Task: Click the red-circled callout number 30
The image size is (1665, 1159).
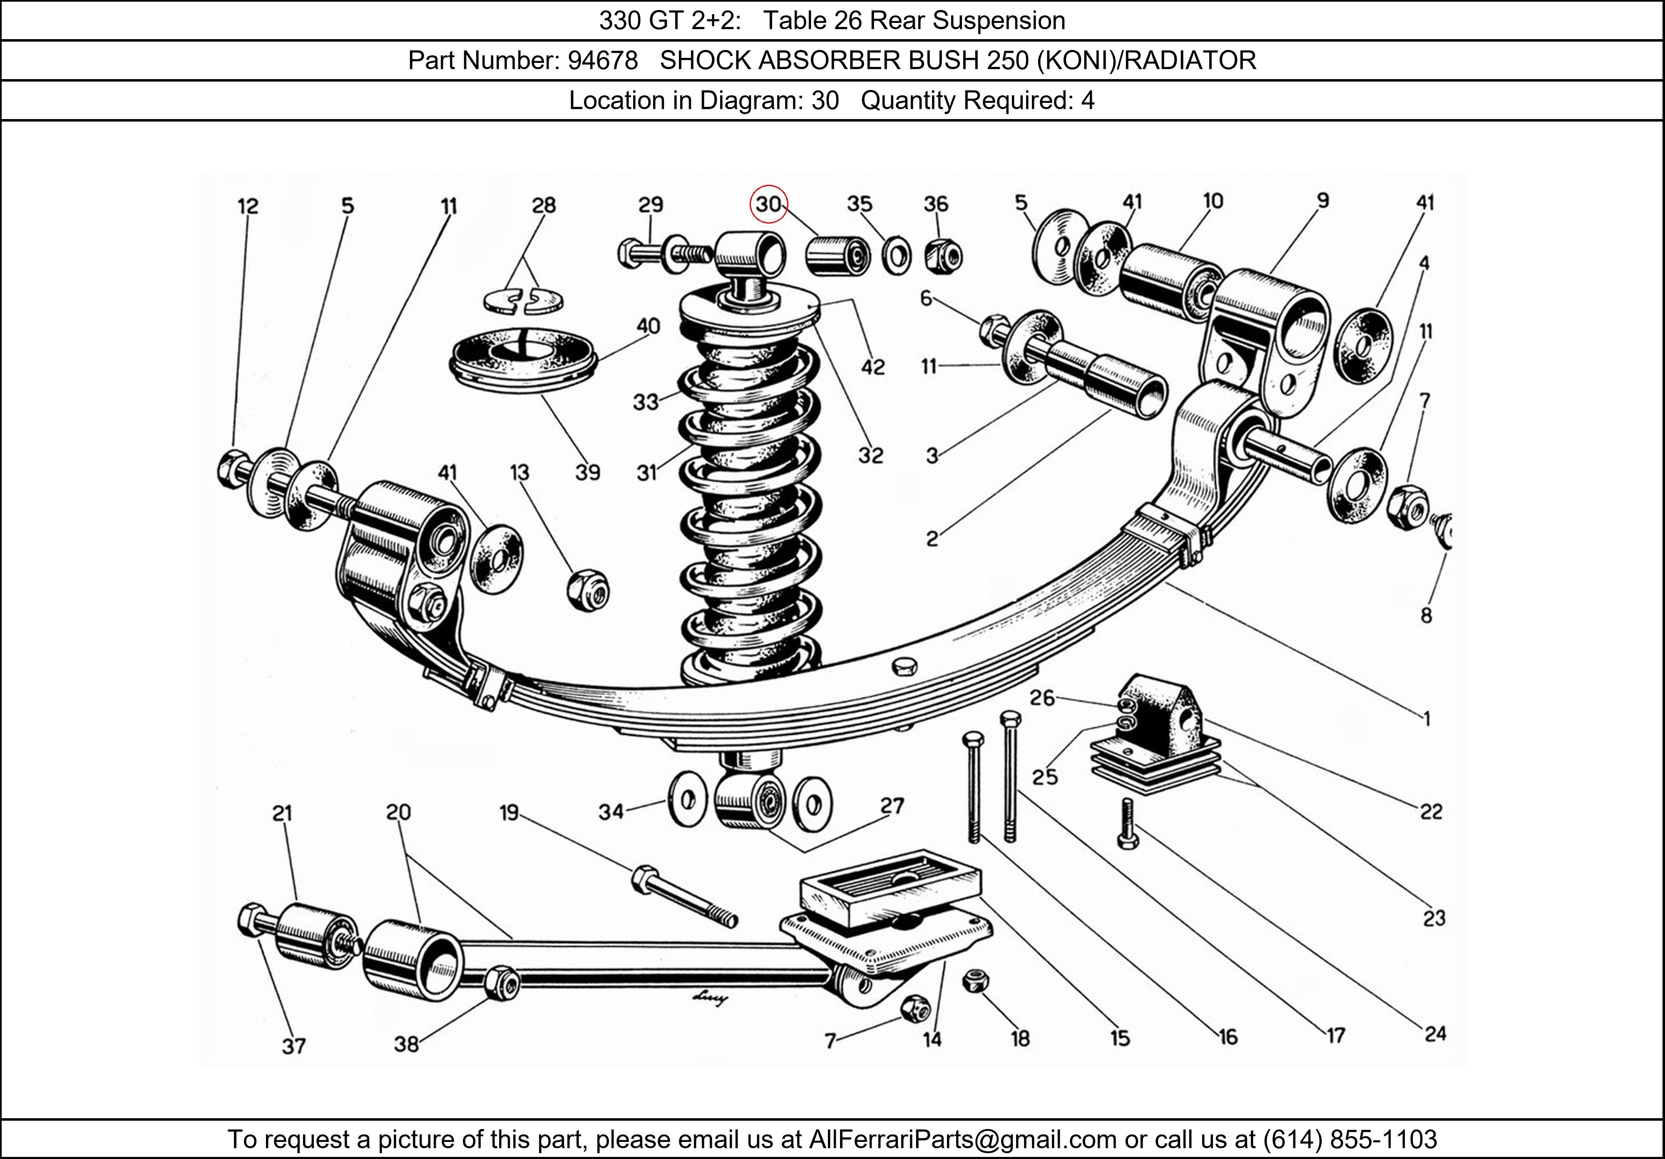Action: pos(768,204)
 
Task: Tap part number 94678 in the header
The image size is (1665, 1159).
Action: pos(603,60)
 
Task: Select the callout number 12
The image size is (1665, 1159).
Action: pos(247,207)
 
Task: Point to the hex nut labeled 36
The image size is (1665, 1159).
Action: pos(944,255)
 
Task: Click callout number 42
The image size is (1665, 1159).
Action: pos(873,367)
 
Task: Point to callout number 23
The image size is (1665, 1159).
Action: pos(1434,919)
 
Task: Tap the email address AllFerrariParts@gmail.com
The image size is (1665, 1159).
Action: pos(962,1139)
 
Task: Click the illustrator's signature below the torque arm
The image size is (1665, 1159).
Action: pos(710,1000)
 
